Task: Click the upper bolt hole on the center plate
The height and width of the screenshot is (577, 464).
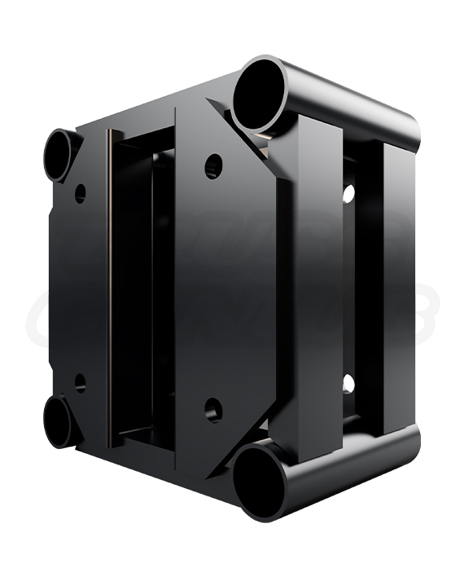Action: point(213,167)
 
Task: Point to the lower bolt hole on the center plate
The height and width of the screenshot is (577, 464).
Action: point(213,410)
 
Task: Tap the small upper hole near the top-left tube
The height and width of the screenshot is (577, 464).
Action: point(80,193)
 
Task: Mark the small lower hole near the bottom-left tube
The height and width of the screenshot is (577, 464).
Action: point(80,382)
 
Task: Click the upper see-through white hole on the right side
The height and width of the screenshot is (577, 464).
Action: point(348,194)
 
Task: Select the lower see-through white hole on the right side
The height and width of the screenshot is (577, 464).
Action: point(348,383)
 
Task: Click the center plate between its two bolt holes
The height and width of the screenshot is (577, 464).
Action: point(213,289)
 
